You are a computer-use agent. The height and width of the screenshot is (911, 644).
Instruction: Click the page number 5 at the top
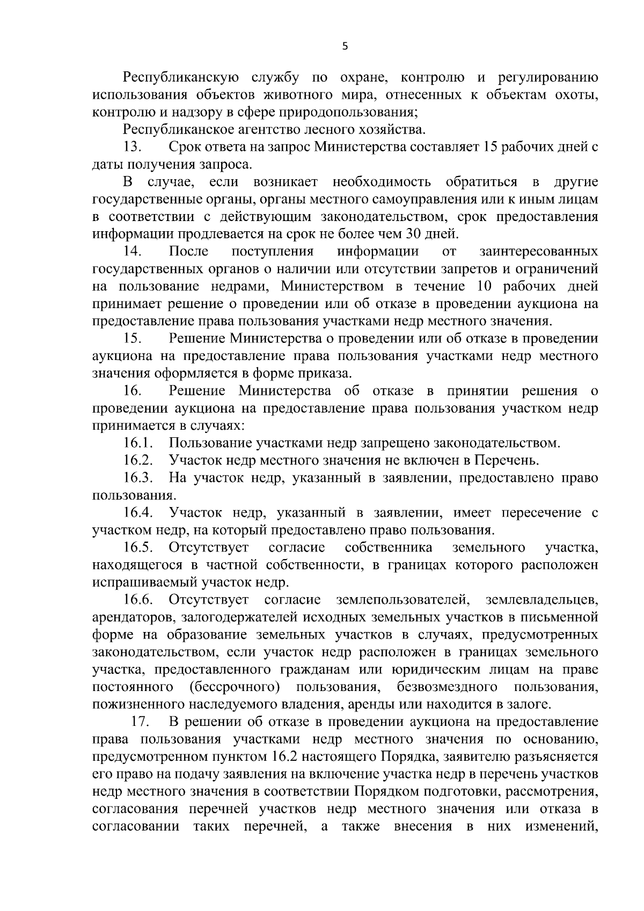tap(345, 47)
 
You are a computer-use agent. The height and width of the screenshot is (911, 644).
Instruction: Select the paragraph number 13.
tap(132, 147)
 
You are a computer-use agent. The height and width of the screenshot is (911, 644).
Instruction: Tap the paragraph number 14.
tap(132, 251)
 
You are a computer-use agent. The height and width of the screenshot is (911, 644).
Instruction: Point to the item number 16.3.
tap(138, 478)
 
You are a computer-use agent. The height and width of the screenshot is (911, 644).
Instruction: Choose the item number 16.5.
tap(138, 548)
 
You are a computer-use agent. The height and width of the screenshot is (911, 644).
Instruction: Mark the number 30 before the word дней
tap(416, 234)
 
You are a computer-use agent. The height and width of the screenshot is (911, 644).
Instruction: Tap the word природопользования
tap(347, 112)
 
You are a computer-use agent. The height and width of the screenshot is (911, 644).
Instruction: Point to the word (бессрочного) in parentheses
tap(235, 687)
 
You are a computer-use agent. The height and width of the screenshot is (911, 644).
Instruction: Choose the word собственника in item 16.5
tap(389, 548)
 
